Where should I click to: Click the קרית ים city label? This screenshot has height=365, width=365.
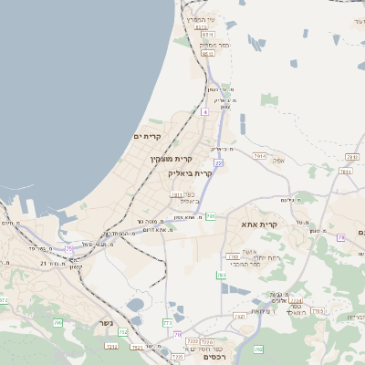[147, 137]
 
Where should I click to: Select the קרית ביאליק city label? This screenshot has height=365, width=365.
[190, 172]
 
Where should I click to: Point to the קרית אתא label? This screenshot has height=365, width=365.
[259, 224]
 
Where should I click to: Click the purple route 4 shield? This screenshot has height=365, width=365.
[205, 111]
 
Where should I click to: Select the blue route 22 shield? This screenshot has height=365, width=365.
[219, 162]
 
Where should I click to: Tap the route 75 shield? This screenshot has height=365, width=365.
[68, 248]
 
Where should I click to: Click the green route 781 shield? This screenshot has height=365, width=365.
[211, 216]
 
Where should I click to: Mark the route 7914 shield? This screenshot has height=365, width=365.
[260, 156]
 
